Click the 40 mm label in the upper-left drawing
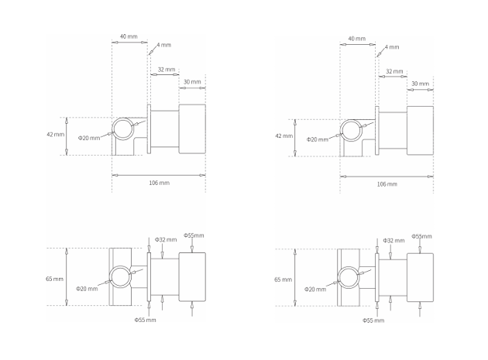[x=129, y=36]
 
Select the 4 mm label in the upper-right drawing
[x=393, y=46]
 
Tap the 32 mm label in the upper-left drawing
[x=166, y=69]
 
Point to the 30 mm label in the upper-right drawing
[x=419, y=83]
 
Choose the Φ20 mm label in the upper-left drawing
[x=89, y=138]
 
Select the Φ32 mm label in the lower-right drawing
[x=393, y=241]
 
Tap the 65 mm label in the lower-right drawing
[x=283, y=279]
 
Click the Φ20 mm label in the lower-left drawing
[x=87, y=289]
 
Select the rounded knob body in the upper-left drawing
[x=191, y=128]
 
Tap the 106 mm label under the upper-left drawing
[x=158, y=183]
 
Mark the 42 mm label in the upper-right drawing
[x=284, y=135]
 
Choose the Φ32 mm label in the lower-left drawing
[x=166, y=239]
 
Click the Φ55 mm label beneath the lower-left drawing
[x=145, y=319]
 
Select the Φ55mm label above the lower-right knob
[x=421, y=236]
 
